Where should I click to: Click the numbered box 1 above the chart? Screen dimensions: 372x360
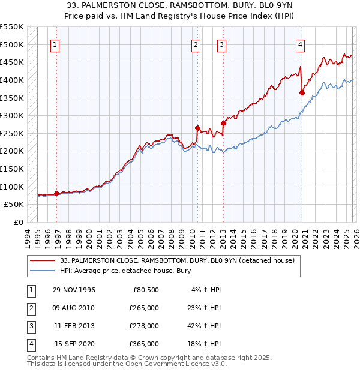pyautogui.click(x=55, y=44)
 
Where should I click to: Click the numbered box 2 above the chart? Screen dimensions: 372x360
pyautogui.click(x=196, y=44)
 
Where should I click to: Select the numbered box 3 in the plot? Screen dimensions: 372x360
pyautogui.click(x=221, y=44)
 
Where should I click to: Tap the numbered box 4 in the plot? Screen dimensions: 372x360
pyautogui.click(x=300, y=44)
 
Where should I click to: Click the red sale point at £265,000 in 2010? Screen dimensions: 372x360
pyautogui.click(x=197, y=128)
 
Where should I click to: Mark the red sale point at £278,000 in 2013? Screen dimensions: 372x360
pyautogui.click(x=223, y=123)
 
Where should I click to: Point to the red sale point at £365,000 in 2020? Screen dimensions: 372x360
pyautogui.click(x=302, y=92)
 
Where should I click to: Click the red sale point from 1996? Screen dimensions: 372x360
pyautogui.click(x=57, y=193)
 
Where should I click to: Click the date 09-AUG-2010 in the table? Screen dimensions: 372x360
pyautogui.click(x=74, y=308)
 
